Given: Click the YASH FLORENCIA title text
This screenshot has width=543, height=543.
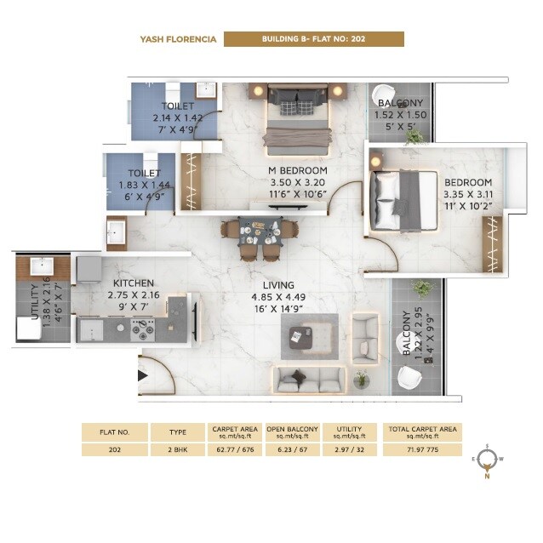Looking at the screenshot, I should pos(178,39).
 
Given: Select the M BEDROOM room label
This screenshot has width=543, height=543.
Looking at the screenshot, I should pos(297,170).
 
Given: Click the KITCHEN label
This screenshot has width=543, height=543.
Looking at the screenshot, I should pos(134,283).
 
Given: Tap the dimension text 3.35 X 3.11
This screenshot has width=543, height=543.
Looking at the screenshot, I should pos(467,194).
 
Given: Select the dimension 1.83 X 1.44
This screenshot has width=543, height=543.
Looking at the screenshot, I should pos(139,184).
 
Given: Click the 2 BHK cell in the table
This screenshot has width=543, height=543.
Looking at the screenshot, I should pos(179,449).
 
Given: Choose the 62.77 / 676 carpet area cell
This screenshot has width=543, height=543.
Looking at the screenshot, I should pos(234,449).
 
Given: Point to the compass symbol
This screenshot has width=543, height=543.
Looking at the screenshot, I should pos(487,460).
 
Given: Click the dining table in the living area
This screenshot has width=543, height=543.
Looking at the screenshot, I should pos(259,229).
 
